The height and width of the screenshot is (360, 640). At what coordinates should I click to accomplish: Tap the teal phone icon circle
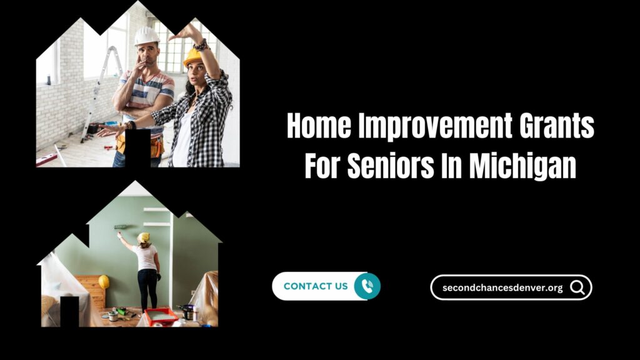tap(366, 286)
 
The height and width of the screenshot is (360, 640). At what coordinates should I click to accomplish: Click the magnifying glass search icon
tap(577, 287)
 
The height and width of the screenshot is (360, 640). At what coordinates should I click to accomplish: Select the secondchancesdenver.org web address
tap(502, 288)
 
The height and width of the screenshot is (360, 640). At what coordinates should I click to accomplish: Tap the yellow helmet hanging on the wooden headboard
tap(104, 282)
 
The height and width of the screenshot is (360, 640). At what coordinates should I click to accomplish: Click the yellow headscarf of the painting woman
tap(144, 237)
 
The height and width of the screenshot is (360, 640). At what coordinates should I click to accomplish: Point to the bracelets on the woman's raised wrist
tap(200, 44)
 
